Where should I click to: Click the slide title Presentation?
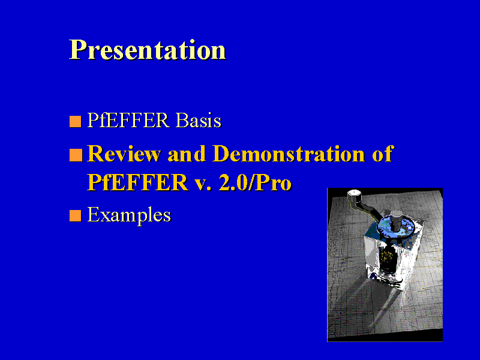pyautogui.click(x=148, y=50)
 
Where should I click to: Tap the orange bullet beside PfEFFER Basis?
pyautogui.click(x=76, y=121)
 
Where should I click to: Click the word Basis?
pyautogui.click(x=199, y=120)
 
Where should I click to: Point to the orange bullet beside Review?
pyautogui.click(x=76, y=155)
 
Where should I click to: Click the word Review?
pyautogui.click(x=124, y=154)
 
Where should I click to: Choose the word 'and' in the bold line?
pyautogui.click(x=187, y=154)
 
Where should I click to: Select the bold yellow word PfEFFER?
pyautogui.click(x=137, y=182)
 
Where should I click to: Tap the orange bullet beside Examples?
pyautogui.click(x=76, y=215)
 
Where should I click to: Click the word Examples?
pyautogui.click(x=129, y=215)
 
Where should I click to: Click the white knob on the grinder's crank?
pyautogui.click(x=355, y=194)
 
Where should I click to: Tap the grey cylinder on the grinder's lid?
pyautogui.click(x=397, y=220)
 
